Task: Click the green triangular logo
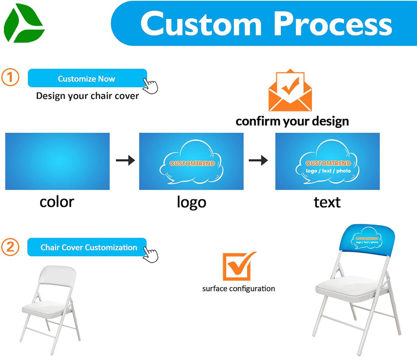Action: (x=23, y=23)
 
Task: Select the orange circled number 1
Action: (x=11, y=77)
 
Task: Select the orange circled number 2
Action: (x=11, y=247)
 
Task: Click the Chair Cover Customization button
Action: (x=88, y=247)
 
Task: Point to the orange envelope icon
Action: (x=290, y=91)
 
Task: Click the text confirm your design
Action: (x=292, y=121)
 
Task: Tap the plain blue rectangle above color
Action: (x=57, y=161)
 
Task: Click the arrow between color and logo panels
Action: (x=125, y=161)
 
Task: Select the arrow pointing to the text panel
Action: (x=258, y=161)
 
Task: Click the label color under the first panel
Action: (x=57, y=201)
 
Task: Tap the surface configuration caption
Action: (x=239, y=288)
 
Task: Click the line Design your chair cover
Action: (x=87, y=96)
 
